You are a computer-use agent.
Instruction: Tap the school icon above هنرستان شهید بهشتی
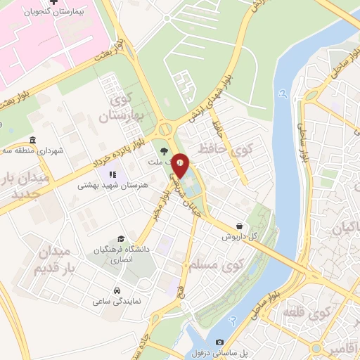pyautogui.click(x=110, y=174)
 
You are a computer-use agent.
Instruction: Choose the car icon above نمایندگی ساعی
pyautogui.click(x=116, y=290)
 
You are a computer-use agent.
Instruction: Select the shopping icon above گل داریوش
pyautogui.click(x=241, y=226)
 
